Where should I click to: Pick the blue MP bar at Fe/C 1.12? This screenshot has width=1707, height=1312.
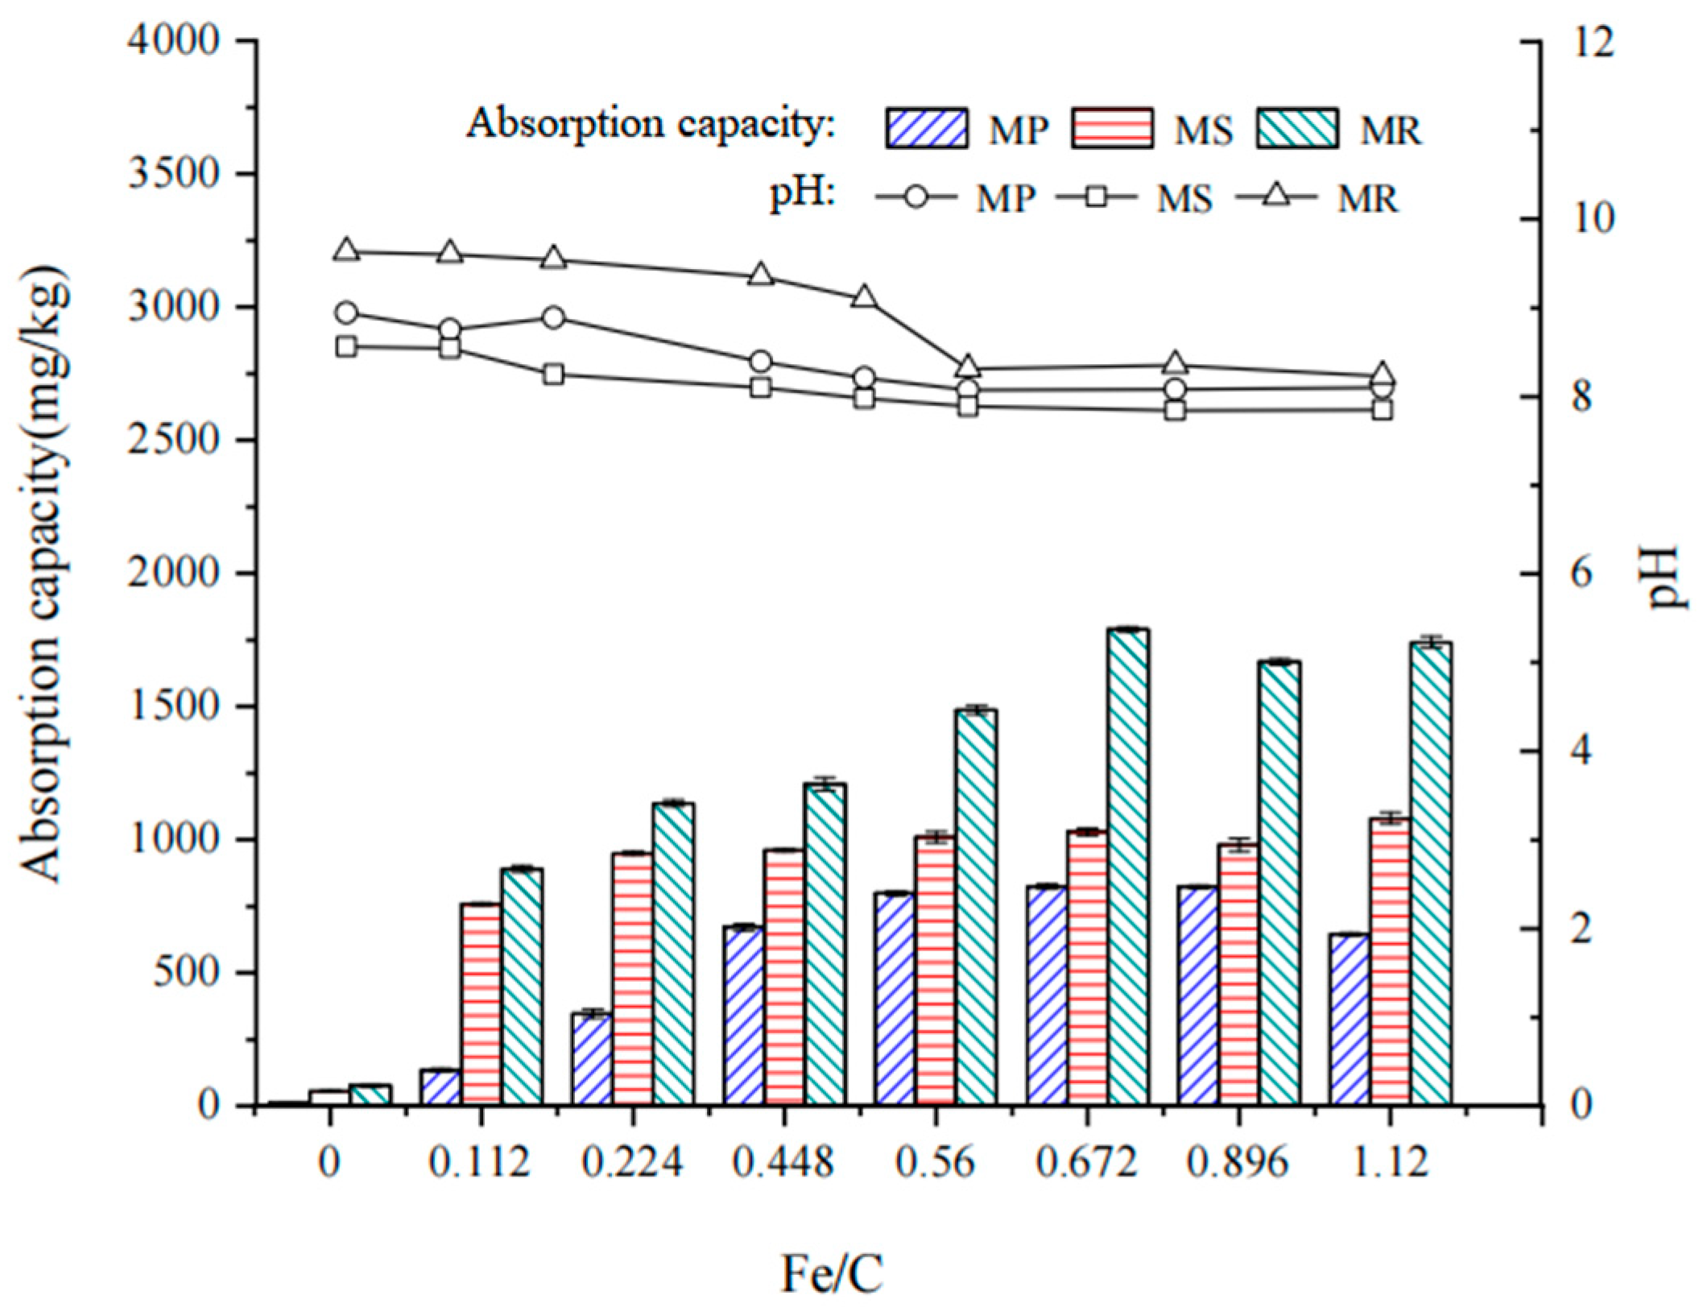point(1350,1018)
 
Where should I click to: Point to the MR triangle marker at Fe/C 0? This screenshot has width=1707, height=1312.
point(347,250)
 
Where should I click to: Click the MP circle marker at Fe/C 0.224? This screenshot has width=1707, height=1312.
point(553,317)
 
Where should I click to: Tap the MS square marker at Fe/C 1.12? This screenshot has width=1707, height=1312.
point(1383,410)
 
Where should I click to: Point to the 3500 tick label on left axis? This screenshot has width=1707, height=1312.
point(174,174)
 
